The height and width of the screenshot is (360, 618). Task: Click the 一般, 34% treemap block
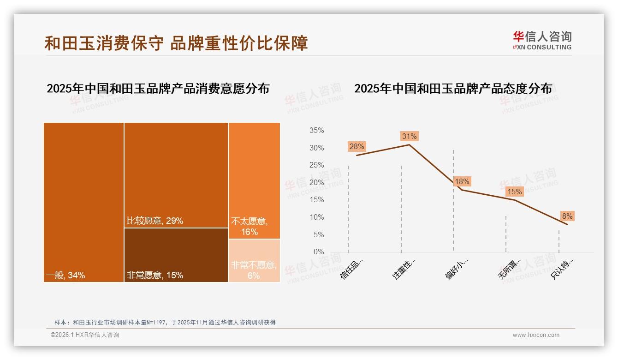pyautogui.click(x=83, y=202)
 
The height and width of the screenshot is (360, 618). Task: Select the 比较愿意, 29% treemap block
pyautogui.click(x=176, y=175)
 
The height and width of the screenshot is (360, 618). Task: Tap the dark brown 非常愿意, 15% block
pyautogui.click(x=176, y=255)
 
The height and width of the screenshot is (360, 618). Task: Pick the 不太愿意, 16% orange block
pyautogui.click(x=254, y=180)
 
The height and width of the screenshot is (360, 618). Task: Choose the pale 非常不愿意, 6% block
pyautogui.click(x=254, y=260)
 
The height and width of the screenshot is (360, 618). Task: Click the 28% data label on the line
pyautogui.click(x=357, y=147)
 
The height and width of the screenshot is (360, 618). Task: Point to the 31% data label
pyautogui.click(x=409, y=136)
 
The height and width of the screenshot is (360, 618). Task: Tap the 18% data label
pyautogui.click(x=462, y=181)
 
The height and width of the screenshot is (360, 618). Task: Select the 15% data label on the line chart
pyautogui.click(x=514, y=192)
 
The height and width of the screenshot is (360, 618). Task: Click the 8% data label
pyautogui.click(x=567, y=216)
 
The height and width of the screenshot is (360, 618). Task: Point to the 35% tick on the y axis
pyautogui.click(x=316, y=131)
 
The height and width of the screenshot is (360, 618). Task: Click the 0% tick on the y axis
pyautogui.click(x=318, y=252)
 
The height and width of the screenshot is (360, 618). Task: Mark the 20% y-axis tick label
pyautogui.click(x=316, y=183)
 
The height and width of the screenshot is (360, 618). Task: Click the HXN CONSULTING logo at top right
pyautogui.click(x=542, y=40)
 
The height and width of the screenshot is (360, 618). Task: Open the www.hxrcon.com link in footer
pyautogui.click(x=536, y=335)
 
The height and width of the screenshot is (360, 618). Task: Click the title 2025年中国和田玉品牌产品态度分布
pyautogui.click(x=453, y=89)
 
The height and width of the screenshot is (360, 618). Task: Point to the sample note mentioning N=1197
pyautogui.click(x=165, y=322)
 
